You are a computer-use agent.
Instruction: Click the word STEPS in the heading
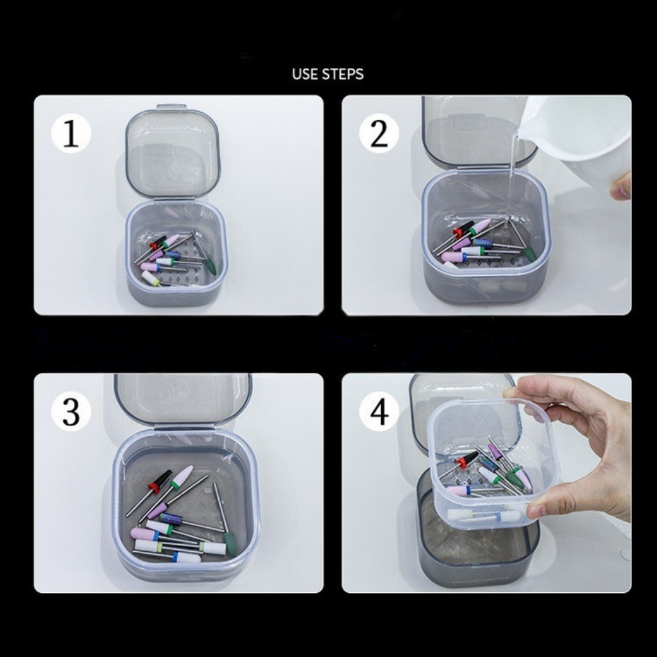[343, 74]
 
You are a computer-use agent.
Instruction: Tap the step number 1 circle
[71, 133]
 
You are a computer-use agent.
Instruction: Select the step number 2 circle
[379, 133]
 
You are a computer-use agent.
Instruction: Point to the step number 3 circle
[71, 412]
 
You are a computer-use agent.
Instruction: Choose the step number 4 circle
[379, 412]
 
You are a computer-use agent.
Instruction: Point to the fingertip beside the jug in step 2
[621, 186]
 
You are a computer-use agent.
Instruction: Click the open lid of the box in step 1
[173, 154]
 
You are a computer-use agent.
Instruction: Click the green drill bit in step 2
[530, 253]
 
